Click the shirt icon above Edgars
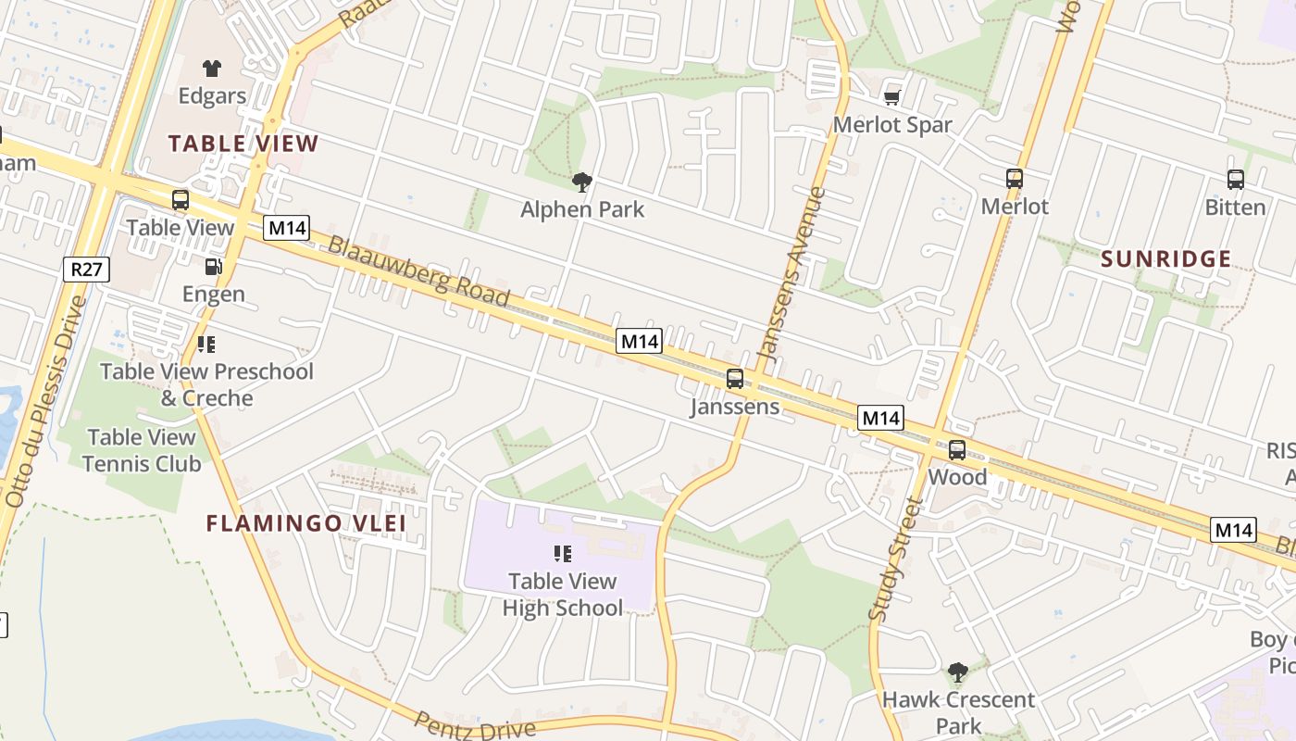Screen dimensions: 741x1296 (x=212, y=68)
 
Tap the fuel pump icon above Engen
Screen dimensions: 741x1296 (x=213, y=268)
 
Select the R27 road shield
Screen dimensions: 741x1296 (x=87, y=270)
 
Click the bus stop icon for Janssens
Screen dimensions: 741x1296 (x=735, y=378)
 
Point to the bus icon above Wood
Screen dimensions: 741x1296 (x=957, y=450)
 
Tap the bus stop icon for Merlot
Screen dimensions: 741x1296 (x=1015, y=179)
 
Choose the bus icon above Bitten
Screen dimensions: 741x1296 (x=1236, y=180)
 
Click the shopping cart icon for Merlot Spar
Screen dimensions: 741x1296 (x=892, y=97)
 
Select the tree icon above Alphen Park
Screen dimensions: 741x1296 (x=581, y=182)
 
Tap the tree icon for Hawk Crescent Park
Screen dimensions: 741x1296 (x=957, y=672)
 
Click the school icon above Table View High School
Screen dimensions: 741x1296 (x=562, y=554)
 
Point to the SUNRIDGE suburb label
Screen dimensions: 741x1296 (x=1166, y=259)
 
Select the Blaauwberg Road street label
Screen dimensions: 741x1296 (x=418, y=271)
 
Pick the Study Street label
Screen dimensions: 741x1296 (x=895, y=559)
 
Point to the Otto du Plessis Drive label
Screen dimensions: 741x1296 (x=43, y=401)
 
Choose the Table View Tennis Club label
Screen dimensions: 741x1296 (x=142, y=450)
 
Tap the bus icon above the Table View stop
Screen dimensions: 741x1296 (x=181, y=200)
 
